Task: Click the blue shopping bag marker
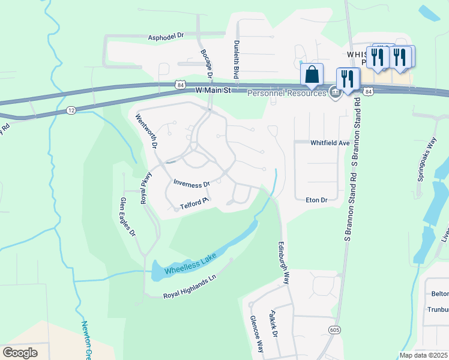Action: (312, 75)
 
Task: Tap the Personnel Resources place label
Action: (286, 94)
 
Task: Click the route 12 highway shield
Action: (71, 110)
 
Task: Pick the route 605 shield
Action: (335, 330)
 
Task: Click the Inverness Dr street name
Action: (191, 184)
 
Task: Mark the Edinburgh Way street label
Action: (283, 263)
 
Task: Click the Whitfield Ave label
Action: (330, 143)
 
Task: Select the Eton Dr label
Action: (316, 200)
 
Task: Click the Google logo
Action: (20, 353)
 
